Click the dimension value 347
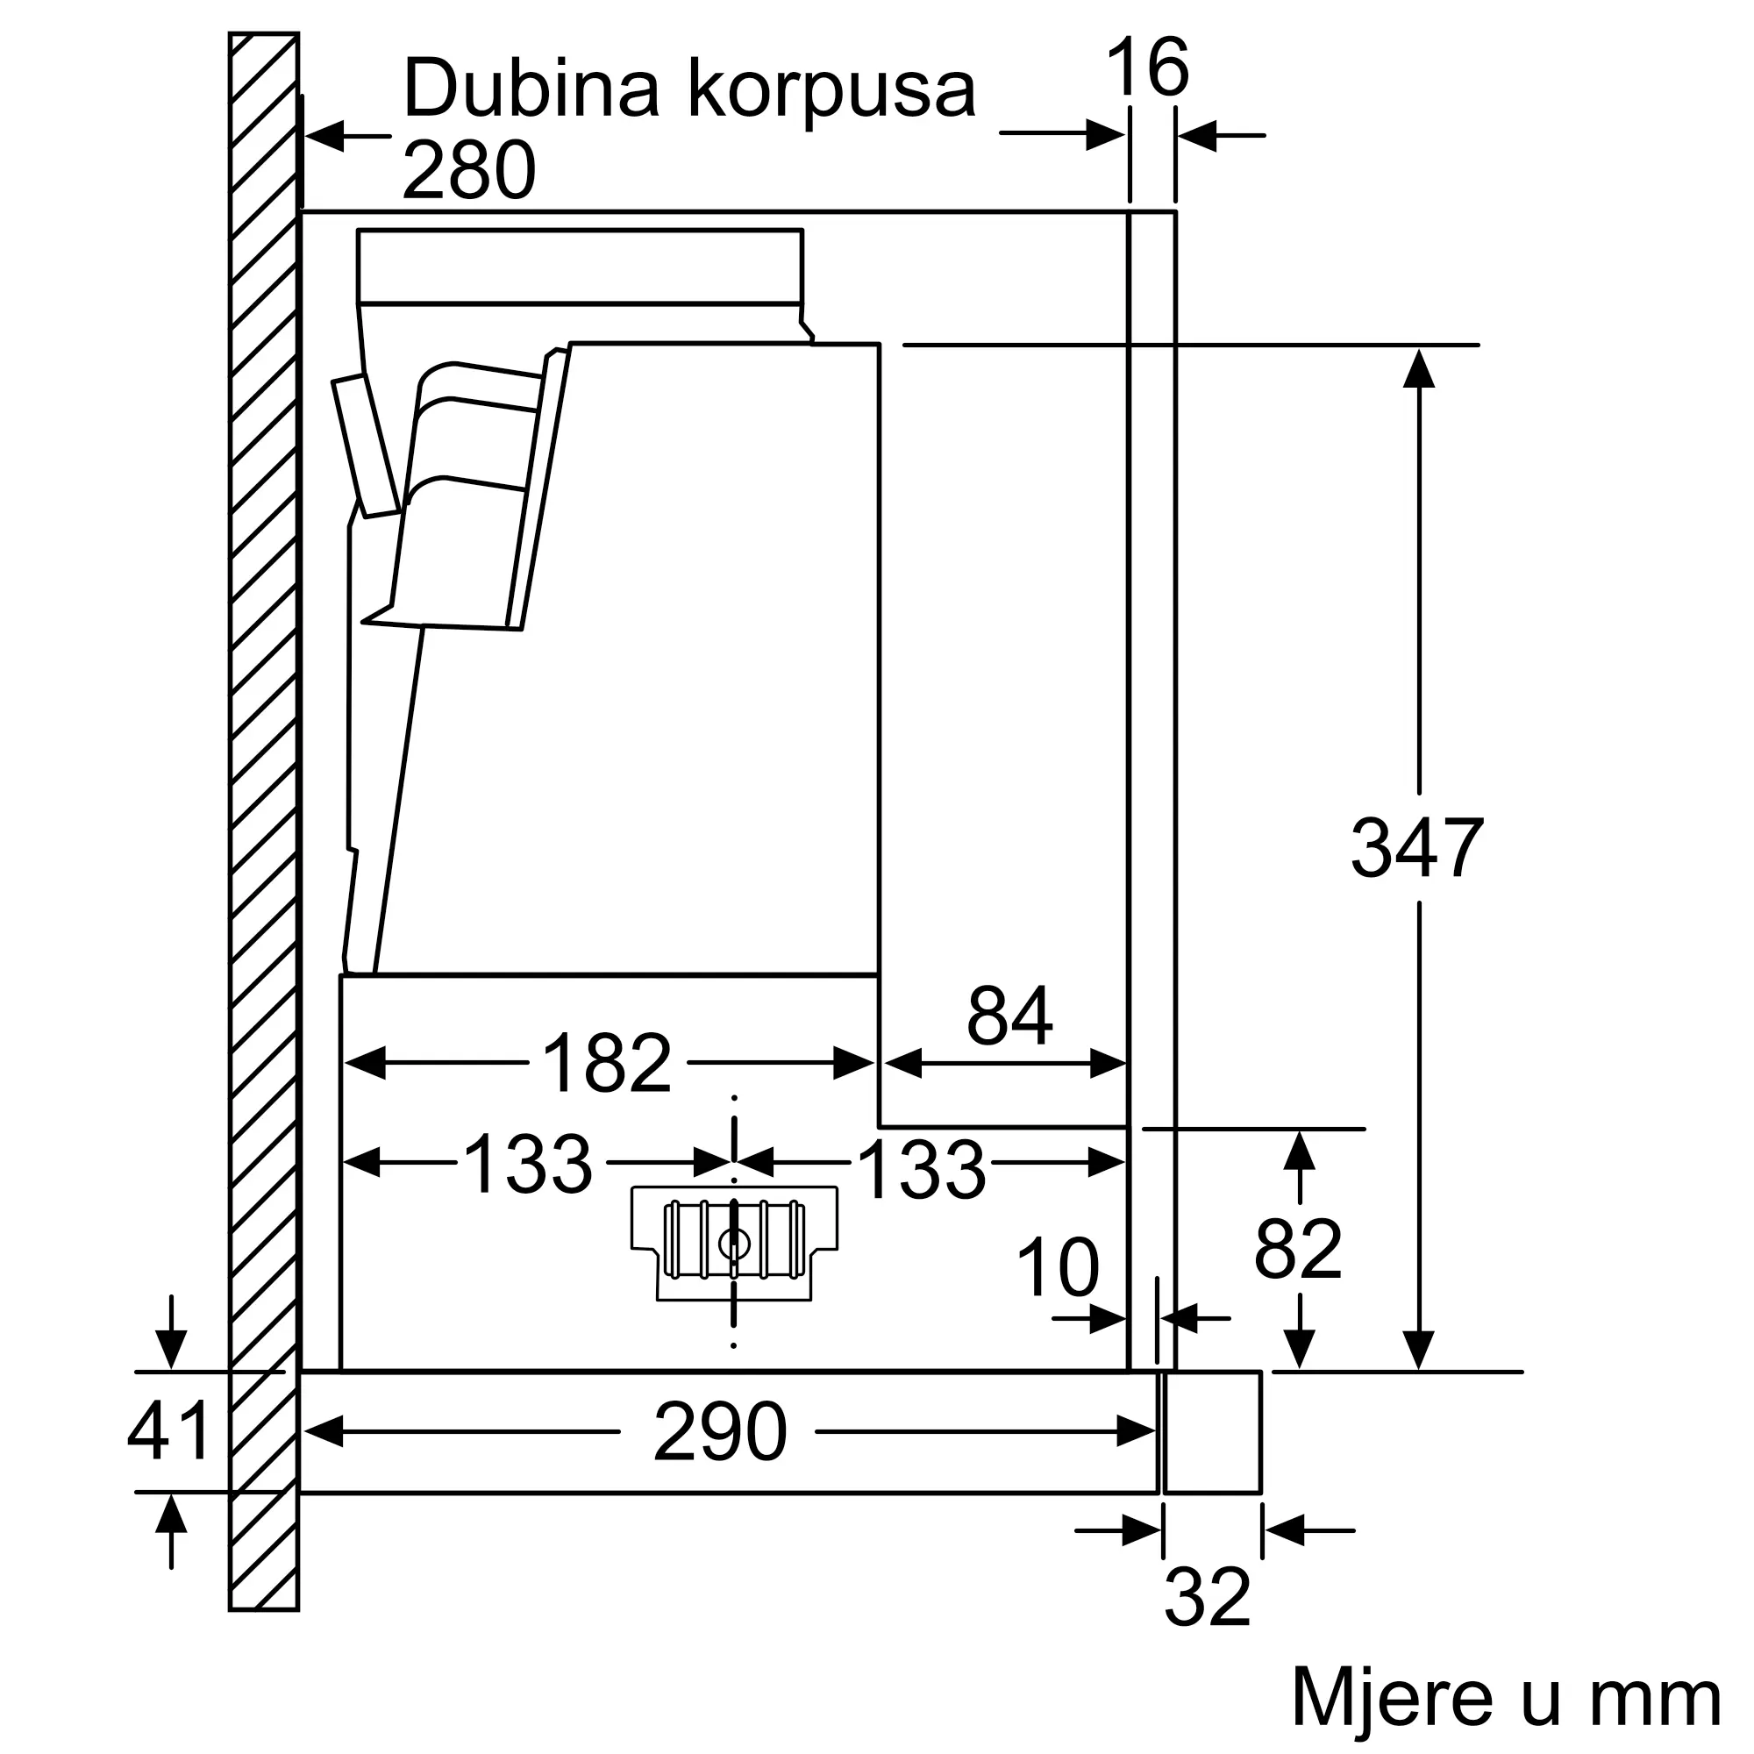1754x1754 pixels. coord(1416,849)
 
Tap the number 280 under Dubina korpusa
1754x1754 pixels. coord(468,171)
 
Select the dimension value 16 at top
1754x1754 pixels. coord(1146,68)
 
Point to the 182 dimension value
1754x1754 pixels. coord(607,1063)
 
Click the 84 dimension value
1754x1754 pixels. coord(1009,1016)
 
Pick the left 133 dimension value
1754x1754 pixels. coord(527,1165)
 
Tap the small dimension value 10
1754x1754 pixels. coord(1057,1267)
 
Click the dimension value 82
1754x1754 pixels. coord(1297,1250)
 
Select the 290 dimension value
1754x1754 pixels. coord(719,1432)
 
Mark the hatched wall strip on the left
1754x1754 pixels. coord(263,817)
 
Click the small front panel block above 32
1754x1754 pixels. coord(1212,1432)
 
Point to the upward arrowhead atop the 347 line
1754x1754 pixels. coord(1418,367)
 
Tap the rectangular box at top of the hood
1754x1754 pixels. coord(579,265)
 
